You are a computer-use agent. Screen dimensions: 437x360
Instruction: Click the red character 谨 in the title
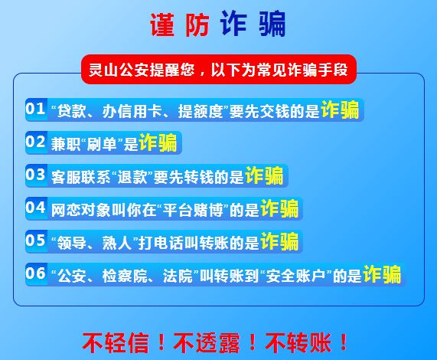point(162,25)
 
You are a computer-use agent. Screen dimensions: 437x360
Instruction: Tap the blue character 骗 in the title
point(272,25)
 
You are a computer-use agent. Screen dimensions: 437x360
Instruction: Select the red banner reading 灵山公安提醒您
point(219,69)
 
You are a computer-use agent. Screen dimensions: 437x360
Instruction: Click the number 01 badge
point(36,110)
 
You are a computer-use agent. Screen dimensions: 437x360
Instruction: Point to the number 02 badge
point(36,142)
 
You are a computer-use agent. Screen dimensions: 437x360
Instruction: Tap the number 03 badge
point(36,175)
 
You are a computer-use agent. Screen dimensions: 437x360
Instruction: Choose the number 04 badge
point(36,208)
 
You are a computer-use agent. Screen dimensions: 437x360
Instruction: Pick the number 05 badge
point(36,241)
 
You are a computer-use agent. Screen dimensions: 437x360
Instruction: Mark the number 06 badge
point(36,274)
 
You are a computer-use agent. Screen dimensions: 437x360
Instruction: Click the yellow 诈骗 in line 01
point(340,110)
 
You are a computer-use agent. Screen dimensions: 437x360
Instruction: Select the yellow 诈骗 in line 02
point(158,142)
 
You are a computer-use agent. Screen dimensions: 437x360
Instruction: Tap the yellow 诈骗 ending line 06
point(382,274)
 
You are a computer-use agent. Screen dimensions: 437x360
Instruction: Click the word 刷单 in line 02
point(102,144)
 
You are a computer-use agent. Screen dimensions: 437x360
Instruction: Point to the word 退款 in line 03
point(132,177)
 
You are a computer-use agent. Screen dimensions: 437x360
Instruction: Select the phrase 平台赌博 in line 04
point(193,210)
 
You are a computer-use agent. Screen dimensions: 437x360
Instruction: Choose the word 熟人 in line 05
point(117,243)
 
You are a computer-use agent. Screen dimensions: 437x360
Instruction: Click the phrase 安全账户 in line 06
point(296,276)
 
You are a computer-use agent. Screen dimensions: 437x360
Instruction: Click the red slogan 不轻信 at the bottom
point(116,342)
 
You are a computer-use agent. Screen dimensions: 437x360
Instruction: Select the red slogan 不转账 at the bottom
point(298,342)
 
